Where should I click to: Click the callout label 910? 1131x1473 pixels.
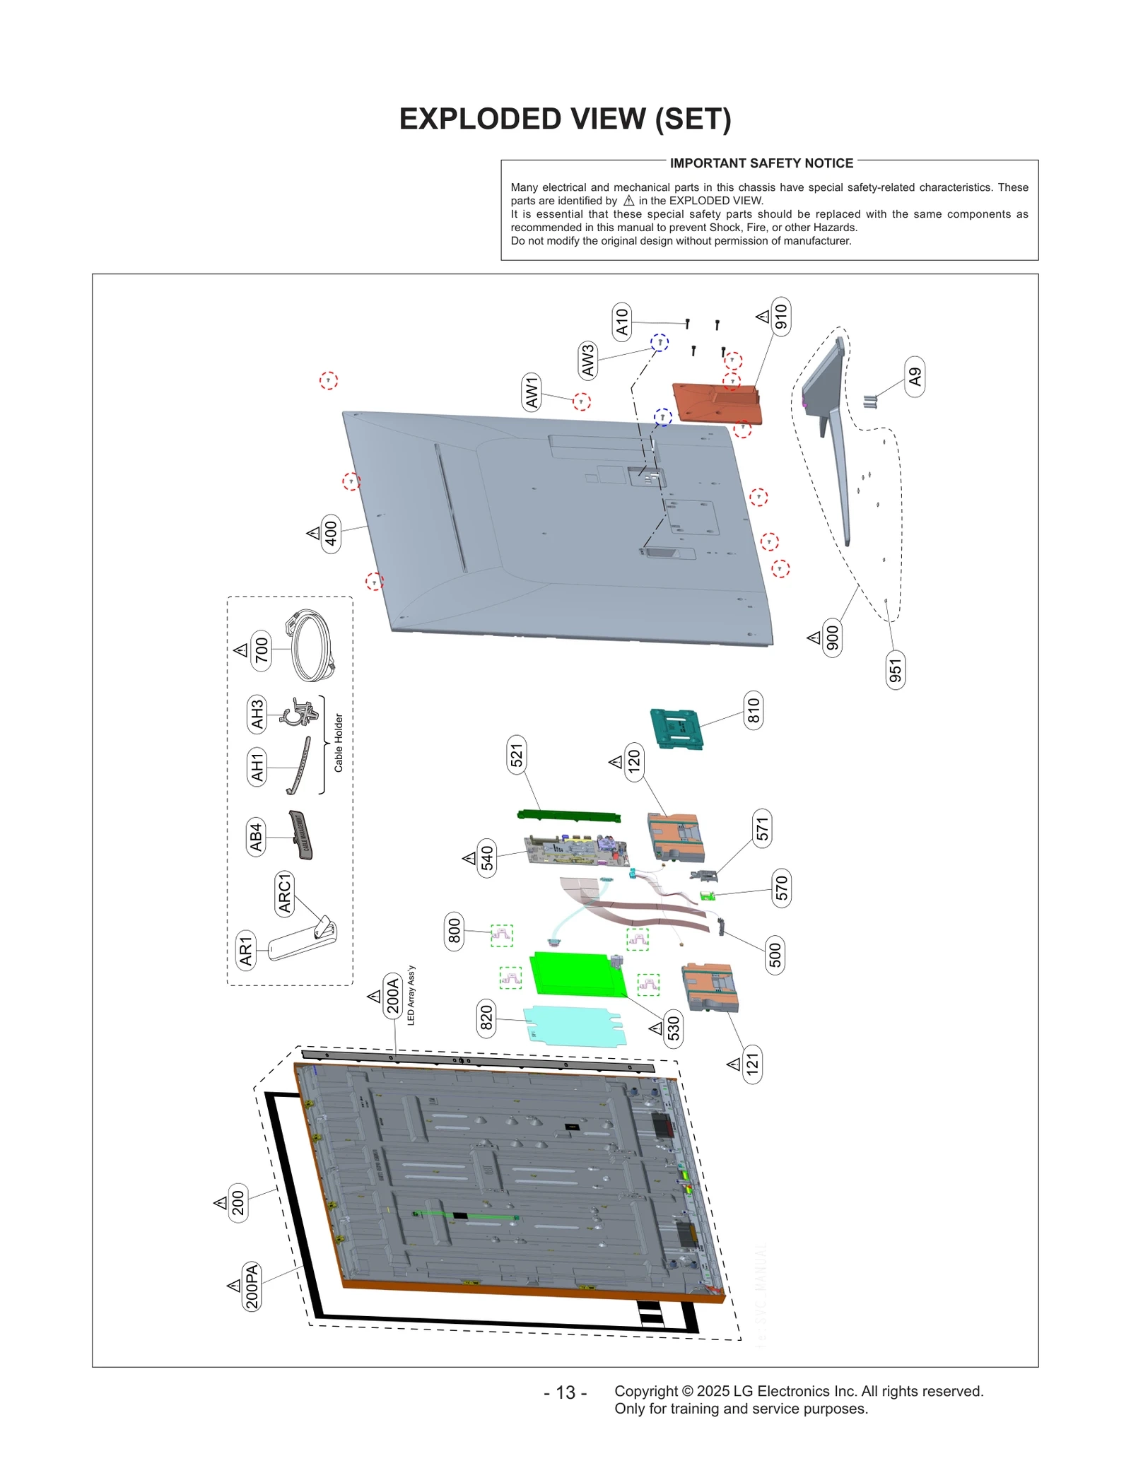point(780,316)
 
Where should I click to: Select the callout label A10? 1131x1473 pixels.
point(621,322)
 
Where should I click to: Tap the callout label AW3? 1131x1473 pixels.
point(587,360)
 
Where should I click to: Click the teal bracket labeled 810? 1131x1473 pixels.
point(676,729)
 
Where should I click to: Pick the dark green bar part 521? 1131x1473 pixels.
point(569,816)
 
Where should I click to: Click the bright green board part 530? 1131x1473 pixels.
point(576,973)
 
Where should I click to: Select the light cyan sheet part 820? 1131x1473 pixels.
point(574,1026)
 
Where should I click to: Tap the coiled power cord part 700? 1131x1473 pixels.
point(311,646)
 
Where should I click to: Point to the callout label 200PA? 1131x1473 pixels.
point(252,1286)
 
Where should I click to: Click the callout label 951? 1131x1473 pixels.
point(895,670)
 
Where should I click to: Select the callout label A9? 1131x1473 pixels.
point(914,377)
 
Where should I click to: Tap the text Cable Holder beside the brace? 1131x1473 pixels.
point(339,742)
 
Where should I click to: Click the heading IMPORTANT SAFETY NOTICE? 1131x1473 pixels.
point(761,163)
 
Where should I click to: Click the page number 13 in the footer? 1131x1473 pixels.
point(565,1392)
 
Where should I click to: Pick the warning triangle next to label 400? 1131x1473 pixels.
point(314,533)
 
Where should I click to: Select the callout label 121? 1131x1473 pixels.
point(752,1064)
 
